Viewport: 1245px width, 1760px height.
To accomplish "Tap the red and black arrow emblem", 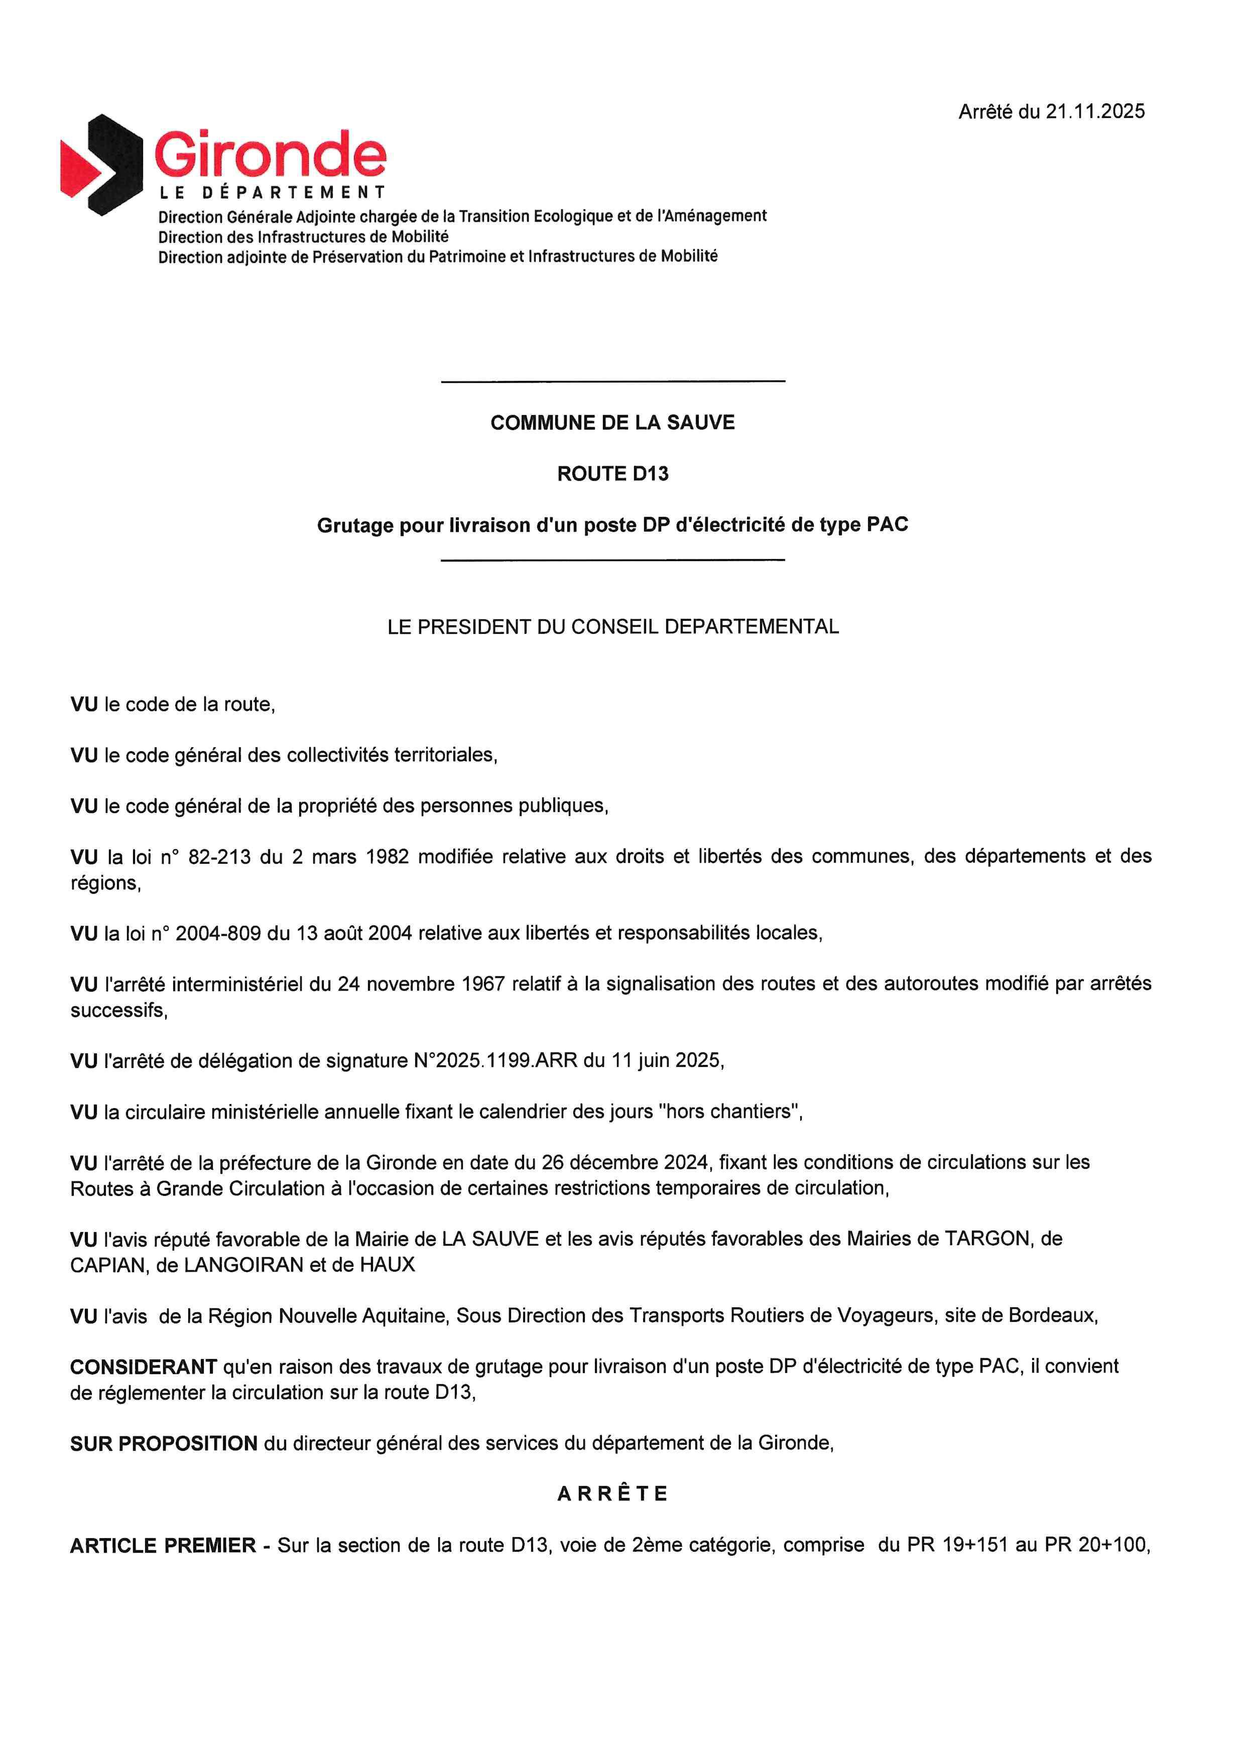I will [x=101, y=165].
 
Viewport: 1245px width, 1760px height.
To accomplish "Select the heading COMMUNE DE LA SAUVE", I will [x=612, y=423].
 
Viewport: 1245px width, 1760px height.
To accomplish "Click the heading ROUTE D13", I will [x=612, y=474].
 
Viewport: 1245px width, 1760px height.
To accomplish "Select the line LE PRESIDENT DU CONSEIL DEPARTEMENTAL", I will [x=612, y=626].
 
